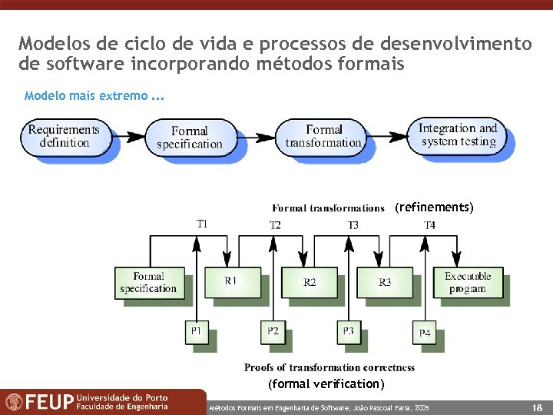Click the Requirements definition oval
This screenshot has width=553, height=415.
64,136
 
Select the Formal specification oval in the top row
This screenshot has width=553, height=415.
189,138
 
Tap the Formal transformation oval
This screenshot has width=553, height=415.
323,136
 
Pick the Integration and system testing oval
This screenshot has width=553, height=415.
458,134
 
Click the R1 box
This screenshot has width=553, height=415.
230,281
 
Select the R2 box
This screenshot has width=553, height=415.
309,282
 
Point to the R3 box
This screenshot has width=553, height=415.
385,282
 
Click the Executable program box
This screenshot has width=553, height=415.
467,282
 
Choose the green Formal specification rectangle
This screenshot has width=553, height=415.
148,282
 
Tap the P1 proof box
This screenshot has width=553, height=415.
197,331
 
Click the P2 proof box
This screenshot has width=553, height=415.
273,331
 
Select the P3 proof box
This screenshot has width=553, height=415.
349,331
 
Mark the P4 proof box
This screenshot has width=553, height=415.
425,333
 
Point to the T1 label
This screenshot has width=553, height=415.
201,224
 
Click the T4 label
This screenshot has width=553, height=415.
429,225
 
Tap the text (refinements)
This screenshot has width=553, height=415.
434,207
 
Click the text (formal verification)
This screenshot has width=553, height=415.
326,383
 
